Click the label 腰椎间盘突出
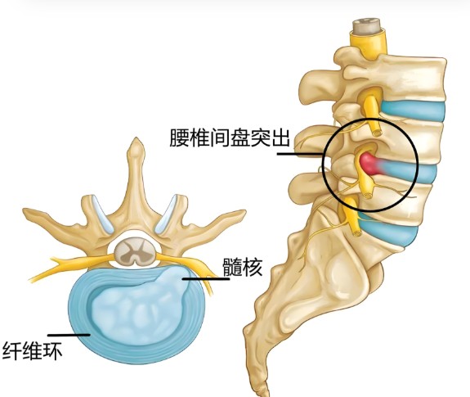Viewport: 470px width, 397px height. click(x=230, y=138)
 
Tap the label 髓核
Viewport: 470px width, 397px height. click(x=243, y=267)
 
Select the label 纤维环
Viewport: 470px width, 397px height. click(x=33, y=350)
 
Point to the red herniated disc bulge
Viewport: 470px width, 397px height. click(x=369, y=164)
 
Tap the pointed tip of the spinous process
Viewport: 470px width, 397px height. click(x=137, y=139)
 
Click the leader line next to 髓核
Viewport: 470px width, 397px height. click(x=206, y=279)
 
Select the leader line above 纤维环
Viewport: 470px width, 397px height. click(x=69, y=335)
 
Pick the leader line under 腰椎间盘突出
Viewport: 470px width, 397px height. click(x=300, y=154)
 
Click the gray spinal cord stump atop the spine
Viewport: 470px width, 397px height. click(x=366, y=27)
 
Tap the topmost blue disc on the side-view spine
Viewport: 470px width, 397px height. click(x=413, y=111)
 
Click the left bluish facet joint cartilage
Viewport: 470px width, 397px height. click(x=102, y=214)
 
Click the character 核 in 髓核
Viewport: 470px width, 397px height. click(x=253, y=267)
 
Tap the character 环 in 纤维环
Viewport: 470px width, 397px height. click(x=53, y=350)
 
